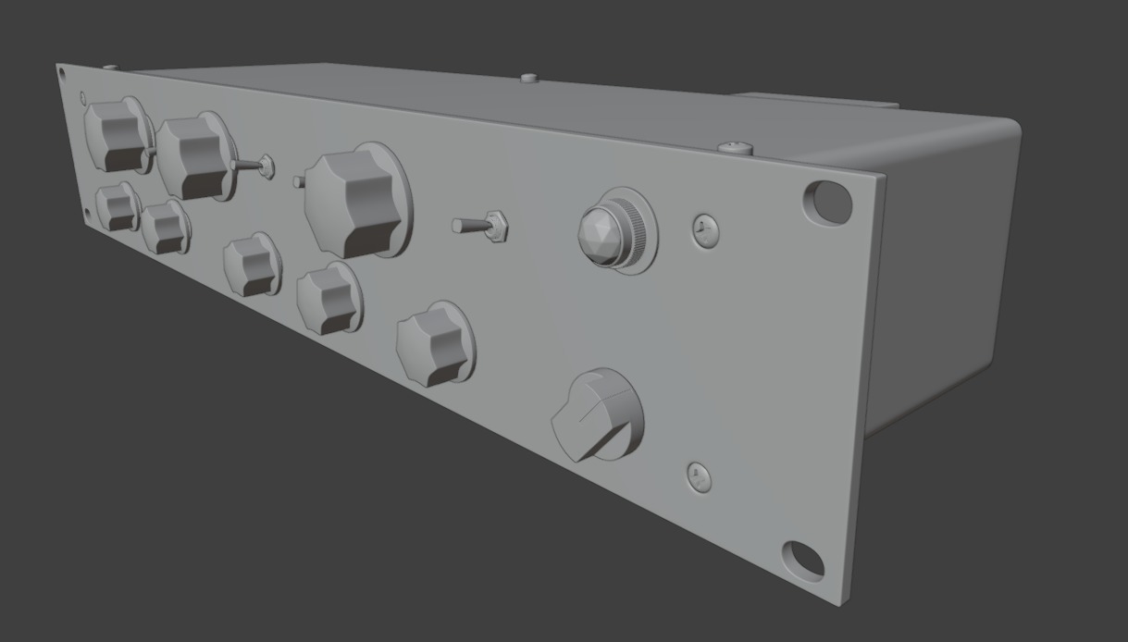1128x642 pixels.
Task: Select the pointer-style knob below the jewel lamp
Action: coord(598,419)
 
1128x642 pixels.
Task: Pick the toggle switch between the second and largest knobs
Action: coord(254,167)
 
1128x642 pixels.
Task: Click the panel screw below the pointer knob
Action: coord(700,477)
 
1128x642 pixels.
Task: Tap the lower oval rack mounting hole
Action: coord(802,560)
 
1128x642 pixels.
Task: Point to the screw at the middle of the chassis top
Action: coord(529,79)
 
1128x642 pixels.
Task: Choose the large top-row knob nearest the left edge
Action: coord(116,135)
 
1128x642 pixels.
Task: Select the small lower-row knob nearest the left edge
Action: coord(118,207)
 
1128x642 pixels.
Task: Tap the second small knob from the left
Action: coord(165,228)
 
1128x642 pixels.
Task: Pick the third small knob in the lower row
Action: coord(251,265)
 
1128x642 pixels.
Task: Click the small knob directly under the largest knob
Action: coord(328,298)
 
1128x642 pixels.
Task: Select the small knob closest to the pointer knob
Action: coord(434,343)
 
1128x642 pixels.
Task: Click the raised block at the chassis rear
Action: coord(814,101)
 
